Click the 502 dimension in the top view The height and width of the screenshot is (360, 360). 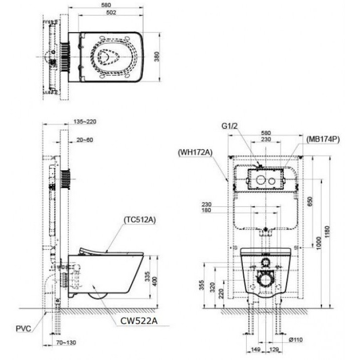(112, 13)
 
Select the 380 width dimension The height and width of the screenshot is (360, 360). (170, 57)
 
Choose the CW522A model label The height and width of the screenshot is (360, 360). (139, 320)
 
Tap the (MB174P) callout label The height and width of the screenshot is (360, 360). (322, 139)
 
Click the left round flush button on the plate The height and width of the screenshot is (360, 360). (259, 180)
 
